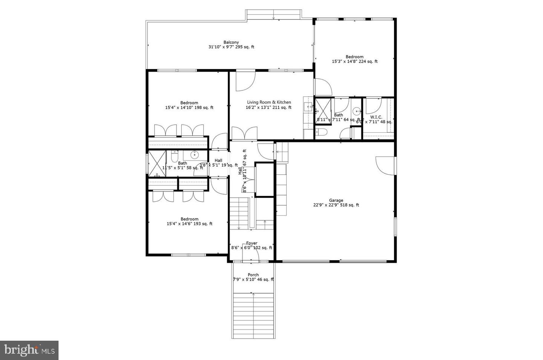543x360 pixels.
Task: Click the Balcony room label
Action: tap(231, 42)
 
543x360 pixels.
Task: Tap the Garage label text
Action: tap(336, 201)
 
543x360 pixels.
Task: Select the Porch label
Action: tap(253, 275)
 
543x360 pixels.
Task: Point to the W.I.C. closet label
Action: tap(376, 117)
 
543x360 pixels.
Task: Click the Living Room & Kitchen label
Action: tap(269, 102)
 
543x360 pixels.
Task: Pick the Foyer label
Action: tap(252, 243)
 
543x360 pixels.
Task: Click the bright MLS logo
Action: tap(29, 350)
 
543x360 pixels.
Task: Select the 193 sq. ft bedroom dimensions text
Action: tap(189, 224)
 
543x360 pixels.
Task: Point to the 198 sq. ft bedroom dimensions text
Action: tap(189, 108)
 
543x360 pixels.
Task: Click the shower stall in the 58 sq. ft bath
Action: tap(157, 163)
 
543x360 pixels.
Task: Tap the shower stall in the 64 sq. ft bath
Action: tap(323, 107)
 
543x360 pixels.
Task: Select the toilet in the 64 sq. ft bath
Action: tap(321, 132)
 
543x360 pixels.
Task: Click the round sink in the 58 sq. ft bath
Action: tap(195, 154)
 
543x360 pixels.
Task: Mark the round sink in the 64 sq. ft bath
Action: tap(356, 111)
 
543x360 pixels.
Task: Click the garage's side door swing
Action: tap(385, 165)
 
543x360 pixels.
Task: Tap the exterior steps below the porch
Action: tap(253, 315)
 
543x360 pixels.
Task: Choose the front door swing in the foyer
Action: tap(250, 252)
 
